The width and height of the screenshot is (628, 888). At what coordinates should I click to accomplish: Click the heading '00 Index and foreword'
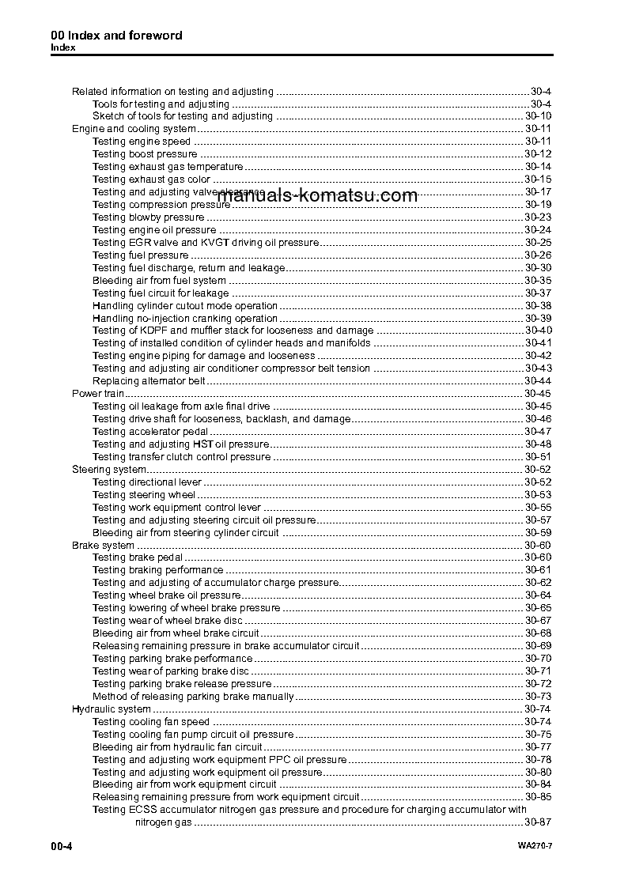pyautogui.click(x=116, y=36)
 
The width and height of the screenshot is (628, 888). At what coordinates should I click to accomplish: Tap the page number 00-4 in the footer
pyautogui.click(x=62, y=847)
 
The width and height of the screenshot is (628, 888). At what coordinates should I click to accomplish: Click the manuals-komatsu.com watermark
pyautogui.click(x=316, y=195)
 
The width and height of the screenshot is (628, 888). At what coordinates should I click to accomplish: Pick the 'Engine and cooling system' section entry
pyautogui.click(x=134, y=129)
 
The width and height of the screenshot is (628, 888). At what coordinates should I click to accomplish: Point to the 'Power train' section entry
pyautogui.click(x=98, y=394)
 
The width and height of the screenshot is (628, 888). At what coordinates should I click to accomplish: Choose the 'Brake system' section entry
pyautogui.click(x=103, y=546)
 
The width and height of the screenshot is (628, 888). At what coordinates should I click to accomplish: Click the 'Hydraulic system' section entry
pyautogui.click(x=111, y=709)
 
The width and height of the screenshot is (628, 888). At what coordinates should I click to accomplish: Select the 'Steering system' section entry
pyautogui.click(x=108, y=470)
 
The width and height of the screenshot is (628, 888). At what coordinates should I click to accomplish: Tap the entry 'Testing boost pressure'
pyautogui.click(x=145, y=154)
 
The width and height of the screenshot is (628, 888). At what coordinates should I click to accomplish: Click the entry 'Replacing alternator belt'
pyautogui.click(x=149, y=381)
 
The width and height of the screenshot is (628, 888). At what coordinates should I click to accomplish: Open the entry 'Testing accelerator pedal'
pyautogui.click(x=150, y=432)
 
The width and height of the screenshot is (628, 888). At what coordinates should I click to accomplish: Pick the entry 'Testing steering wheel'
pyautogui.click(x=144, y=495)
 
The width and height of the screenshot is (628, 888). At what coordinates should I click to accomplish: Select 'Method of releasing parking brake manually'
pyautogui.click(x=193, y=697)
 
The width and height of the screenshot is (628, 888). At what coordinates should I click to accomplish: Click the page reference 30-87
pyautogui.click(x=538, y=823)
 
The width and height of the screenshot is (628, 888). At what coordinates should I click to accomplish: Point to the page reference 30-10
pyautogui.click(x=538, y=116)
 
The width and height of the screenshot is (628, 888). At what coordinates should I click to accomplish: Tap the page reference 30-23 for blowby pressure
pyautogui.click(x=538, y=217)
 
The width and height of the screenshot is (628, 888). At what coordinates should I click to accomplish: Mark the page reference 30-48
pyautogui.click(x=538, y=444)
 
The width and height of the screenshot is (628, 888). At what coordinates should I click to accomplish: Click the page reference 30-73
pyautogui.click(x=538, y=697)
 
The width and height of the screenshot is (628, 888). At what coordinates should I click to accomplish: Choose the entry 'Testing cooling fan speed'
pyautogui.click(x=151, y=722)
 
